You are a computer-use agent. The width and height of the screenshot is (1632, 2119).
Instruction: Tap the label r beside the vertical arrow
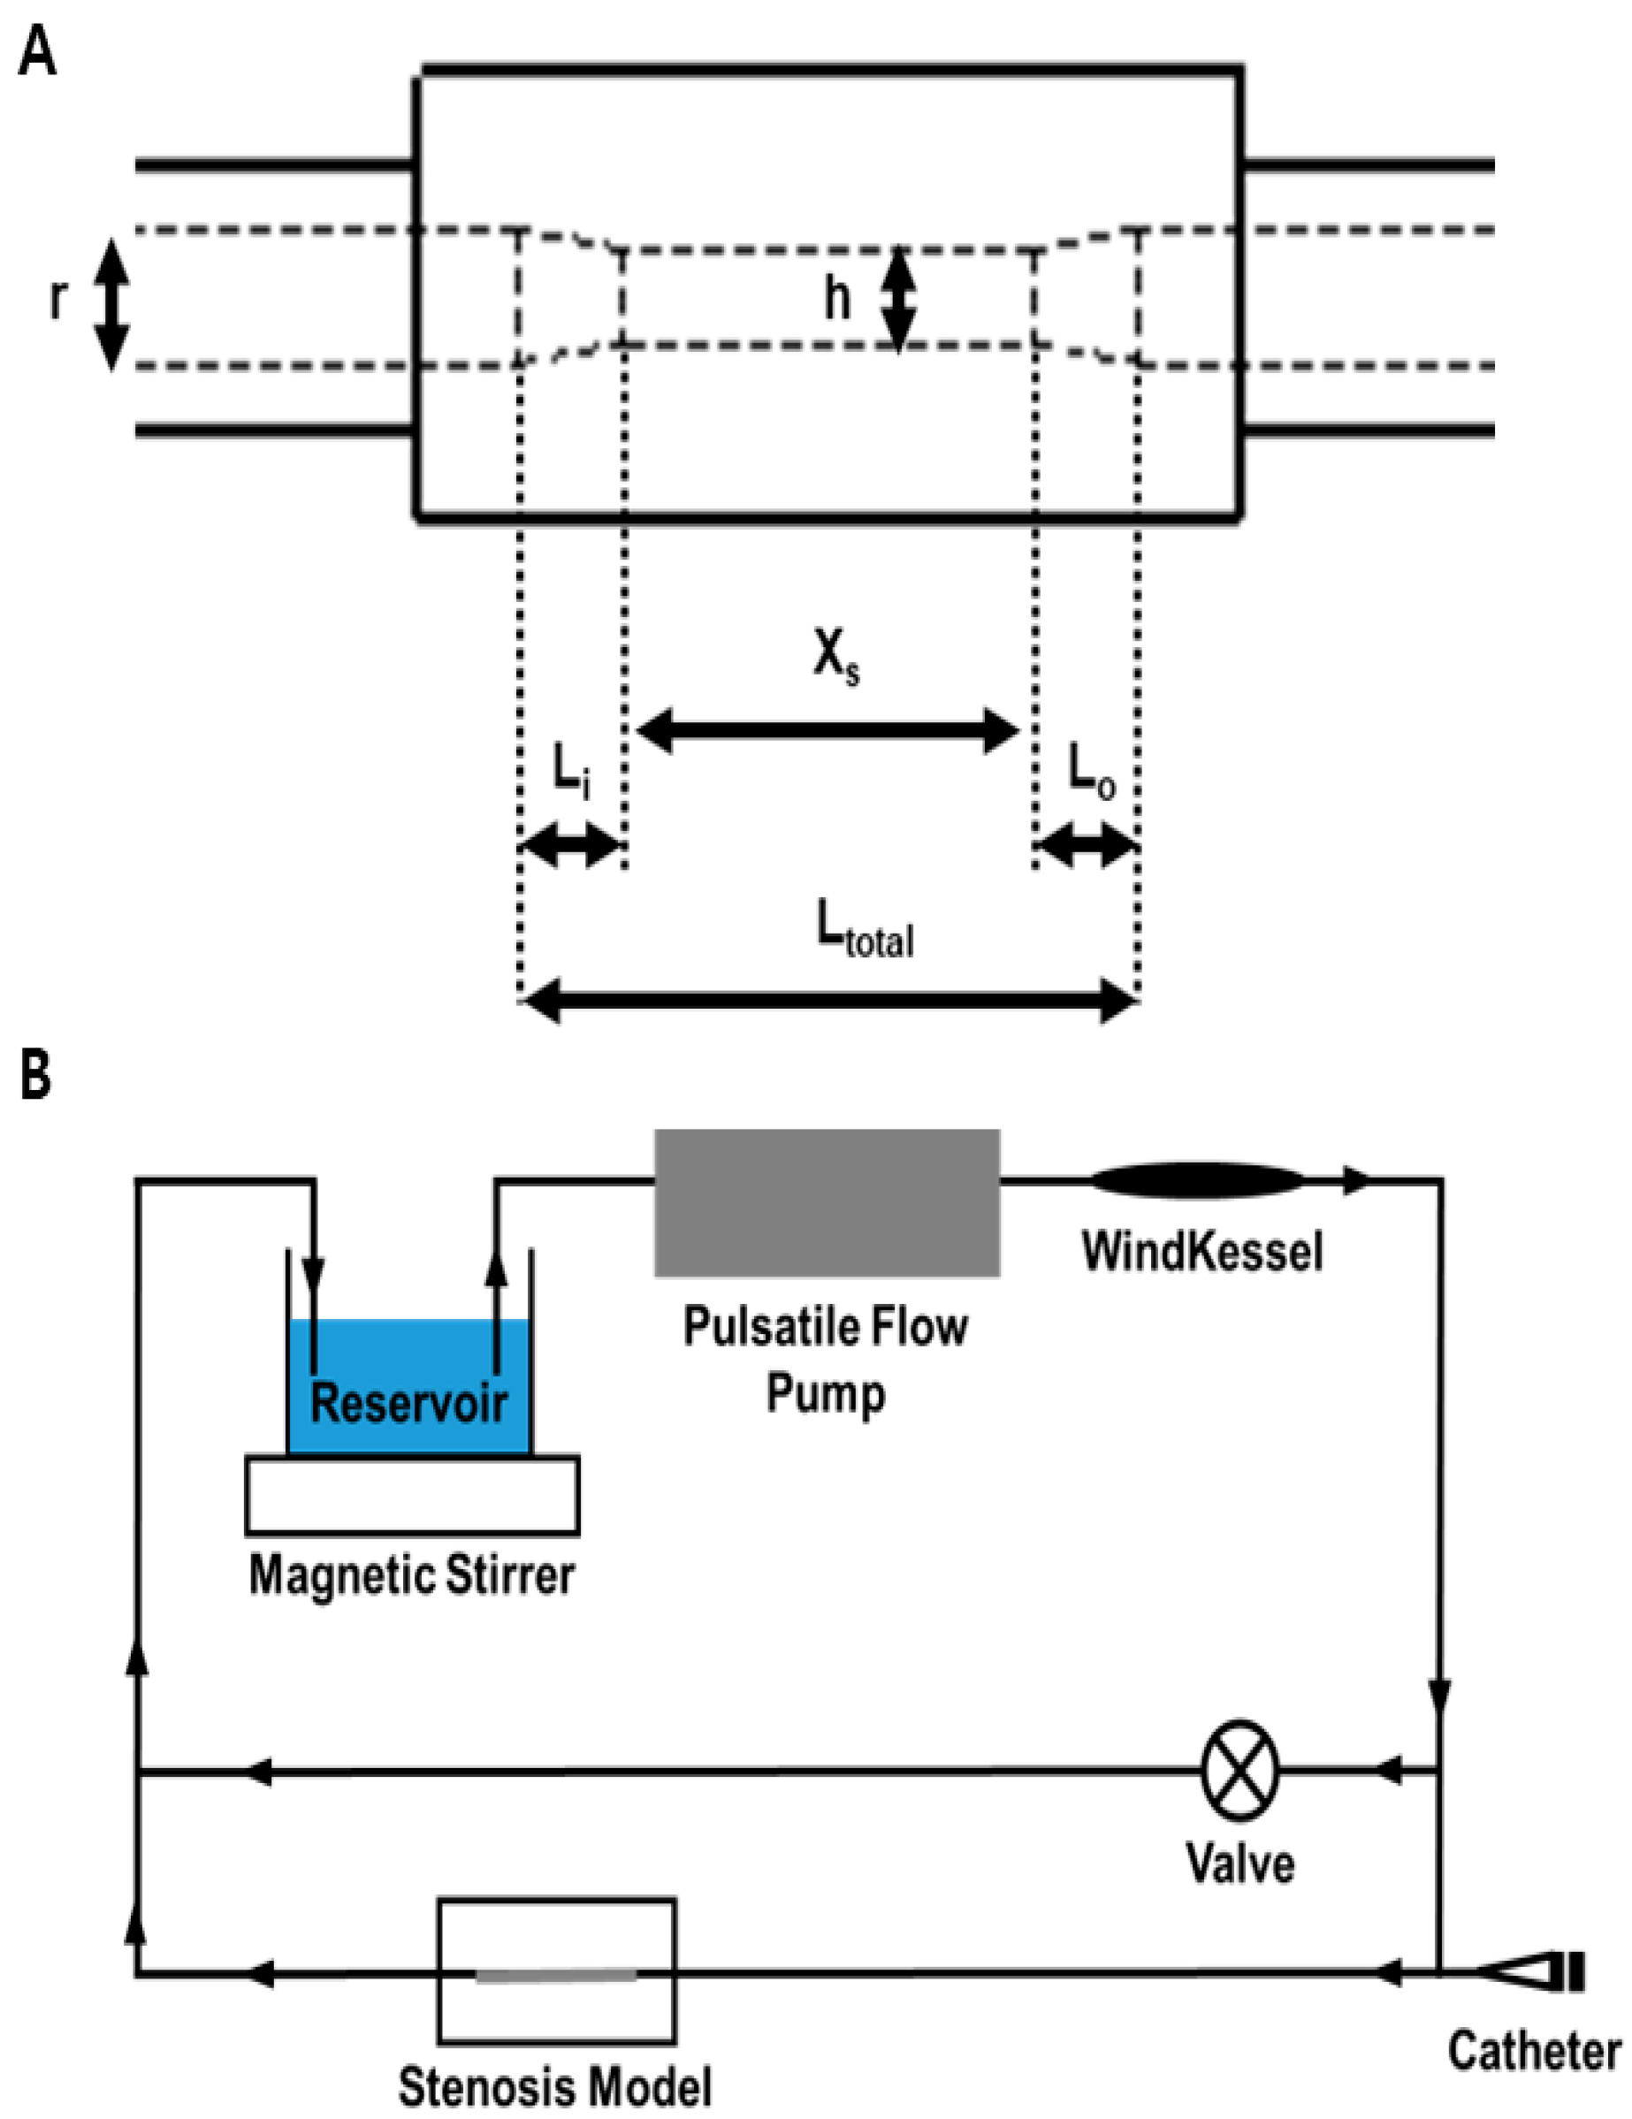59,301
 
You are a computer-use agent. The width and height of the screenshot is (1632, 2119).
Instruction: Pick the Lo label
1092,775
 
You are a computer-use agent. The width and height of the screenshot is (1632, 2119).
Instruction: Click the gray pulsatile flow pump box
827,1202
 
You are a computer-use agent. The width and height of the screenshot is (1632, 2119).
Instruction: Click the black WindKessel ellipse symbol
1196,1180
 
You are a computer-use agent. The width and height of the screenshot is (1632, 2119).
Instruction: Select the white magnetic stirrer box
412,1495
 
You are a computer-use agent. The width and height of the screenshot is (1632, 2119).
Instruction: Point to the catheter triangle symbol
1514,1970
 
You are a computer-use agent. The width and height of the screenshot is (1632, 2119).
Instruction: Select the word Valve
1240,1864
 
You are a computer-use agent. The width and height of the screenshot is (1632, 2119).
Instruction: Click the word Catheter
1534,2052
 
